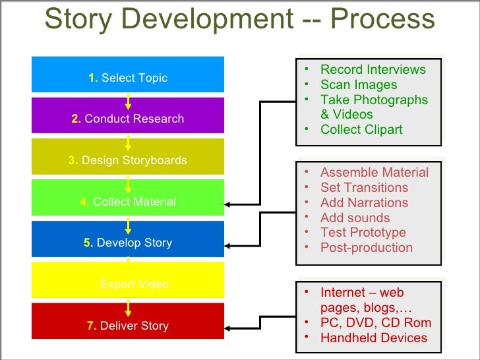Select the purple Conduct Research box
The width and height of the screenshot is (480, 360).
coord(128,119)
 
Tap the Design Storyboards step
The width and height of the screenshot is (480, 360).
coord(128,160)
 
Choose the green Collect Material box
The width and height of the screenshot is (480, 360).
coord(128,202)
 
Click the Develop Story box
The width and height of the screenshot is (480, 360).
coord(128,243)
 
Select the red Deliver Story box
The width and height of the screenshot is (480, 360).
coord(128,326)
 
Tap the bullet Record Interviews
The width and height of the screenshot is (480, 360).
coord(373,70)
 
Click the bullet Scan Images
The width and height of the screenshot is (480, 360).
coord(359,85)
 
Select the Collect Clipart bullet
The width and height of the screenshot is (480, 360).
coord(361,129)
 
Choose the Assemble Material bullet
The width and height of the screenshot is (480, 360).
coord(374,173)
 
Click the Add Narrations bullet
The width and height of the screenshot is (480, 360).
coord(364,203)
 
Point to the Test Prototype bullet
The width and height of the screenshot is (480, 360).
coord(363,233)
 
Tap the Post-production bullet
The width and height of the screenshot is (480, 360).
coord(366,248)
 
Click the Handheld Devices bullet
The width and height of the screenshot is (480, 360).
coord(373,338)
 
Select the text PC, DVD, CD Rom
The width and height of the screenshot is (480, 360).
coord(375,323)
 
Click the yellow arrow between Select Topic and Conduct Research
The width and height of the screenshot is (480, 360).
coord(128,101)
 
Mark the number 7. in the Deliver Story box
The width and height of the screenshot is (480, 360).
coord(92,326)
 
